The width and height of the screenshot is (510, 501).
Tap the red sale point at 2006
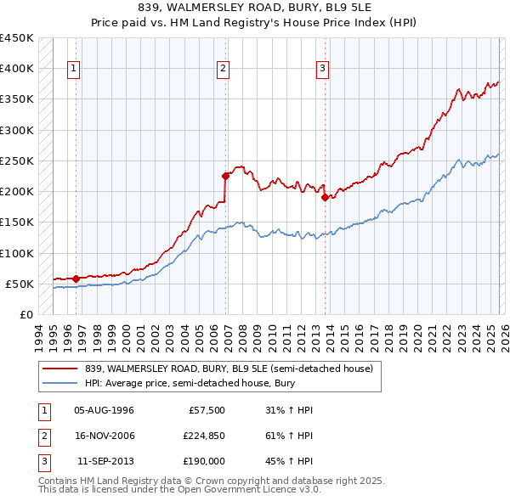click(x=225, y=177)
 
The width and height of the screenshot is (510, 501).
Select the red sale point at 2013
click(x=325, y=198)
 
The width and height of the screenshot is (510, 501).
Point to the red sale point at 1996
click(x=76, y=279)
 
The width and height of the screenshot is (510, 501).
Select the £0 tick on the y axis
click(x=25, y=314)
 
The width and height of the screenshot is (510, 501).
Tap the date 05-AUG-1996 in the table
click(x=104, y=410)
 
